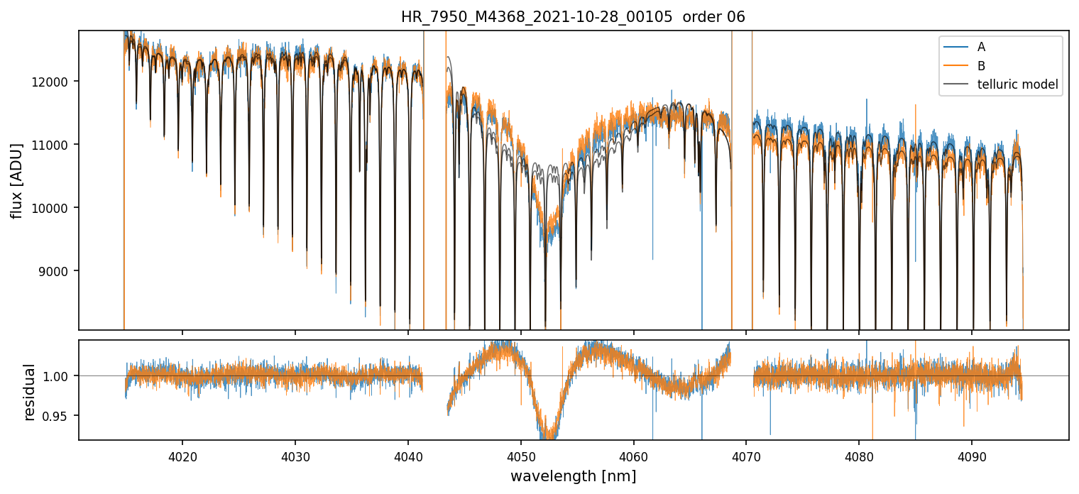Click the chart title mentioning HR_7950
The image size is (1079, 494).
(x=573, y=17)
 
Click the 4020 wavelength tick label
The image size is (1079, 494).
(x=182, y=455)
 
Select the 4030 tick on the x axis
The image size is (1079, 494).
(x=295, y=455)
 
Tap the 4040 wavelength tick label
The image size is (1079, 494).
(x=408, y=455)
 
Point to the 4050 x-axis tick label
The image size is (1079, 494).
(x=520, y=455)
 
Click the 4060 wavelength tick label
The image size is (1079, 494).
(x=633, y=455)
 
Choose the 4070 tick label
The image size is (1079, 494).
(x=746, y=455)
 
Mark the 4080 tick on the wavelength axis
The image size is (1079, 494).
(x=859, y=455)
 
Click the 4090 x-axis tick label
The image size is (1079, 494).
(x=972, y=455)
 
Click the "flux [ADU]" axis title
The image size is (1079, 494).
(x=16, y=180)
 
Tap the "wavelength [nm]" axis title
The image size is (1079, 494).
(x=573, y=476)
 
